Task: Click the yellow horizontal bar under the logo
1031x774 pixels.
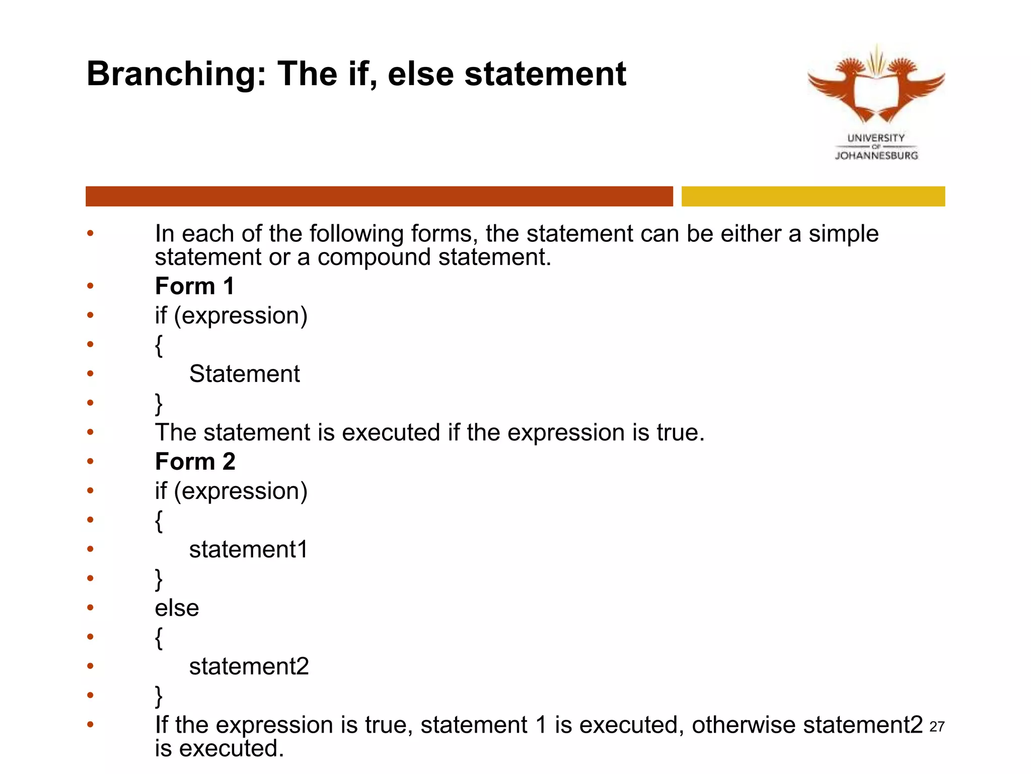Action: click(813, 196)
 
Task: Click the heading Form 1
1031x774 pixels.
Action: click(195, 286)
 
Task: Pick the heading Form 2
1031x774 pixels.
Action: click(195, 462)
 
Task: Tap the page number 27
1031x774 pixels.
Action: click(937, 727)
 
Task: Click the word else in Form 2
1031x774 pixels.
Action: click(177, 608)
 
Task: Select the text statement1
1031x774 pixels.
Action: click(248, 550)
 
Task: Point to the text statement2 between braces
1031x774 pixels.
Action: click(249, 667)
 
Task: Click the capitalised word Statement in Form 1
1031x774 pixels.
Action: click(244, 374)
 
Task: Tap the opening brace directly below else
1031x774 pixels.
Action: click(159, 638)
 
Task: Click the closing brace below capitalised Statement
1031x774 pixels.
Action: click(159, 404)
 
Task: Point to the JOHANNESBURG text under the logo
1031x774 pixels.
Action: click(876, 156)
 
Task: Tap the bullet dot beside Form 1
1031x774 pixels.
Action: click(90, 286)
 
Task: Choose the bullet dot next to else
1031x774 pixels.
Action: click(90, 608)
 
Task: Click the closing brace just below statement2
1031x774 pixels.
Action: click(159, 696)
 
